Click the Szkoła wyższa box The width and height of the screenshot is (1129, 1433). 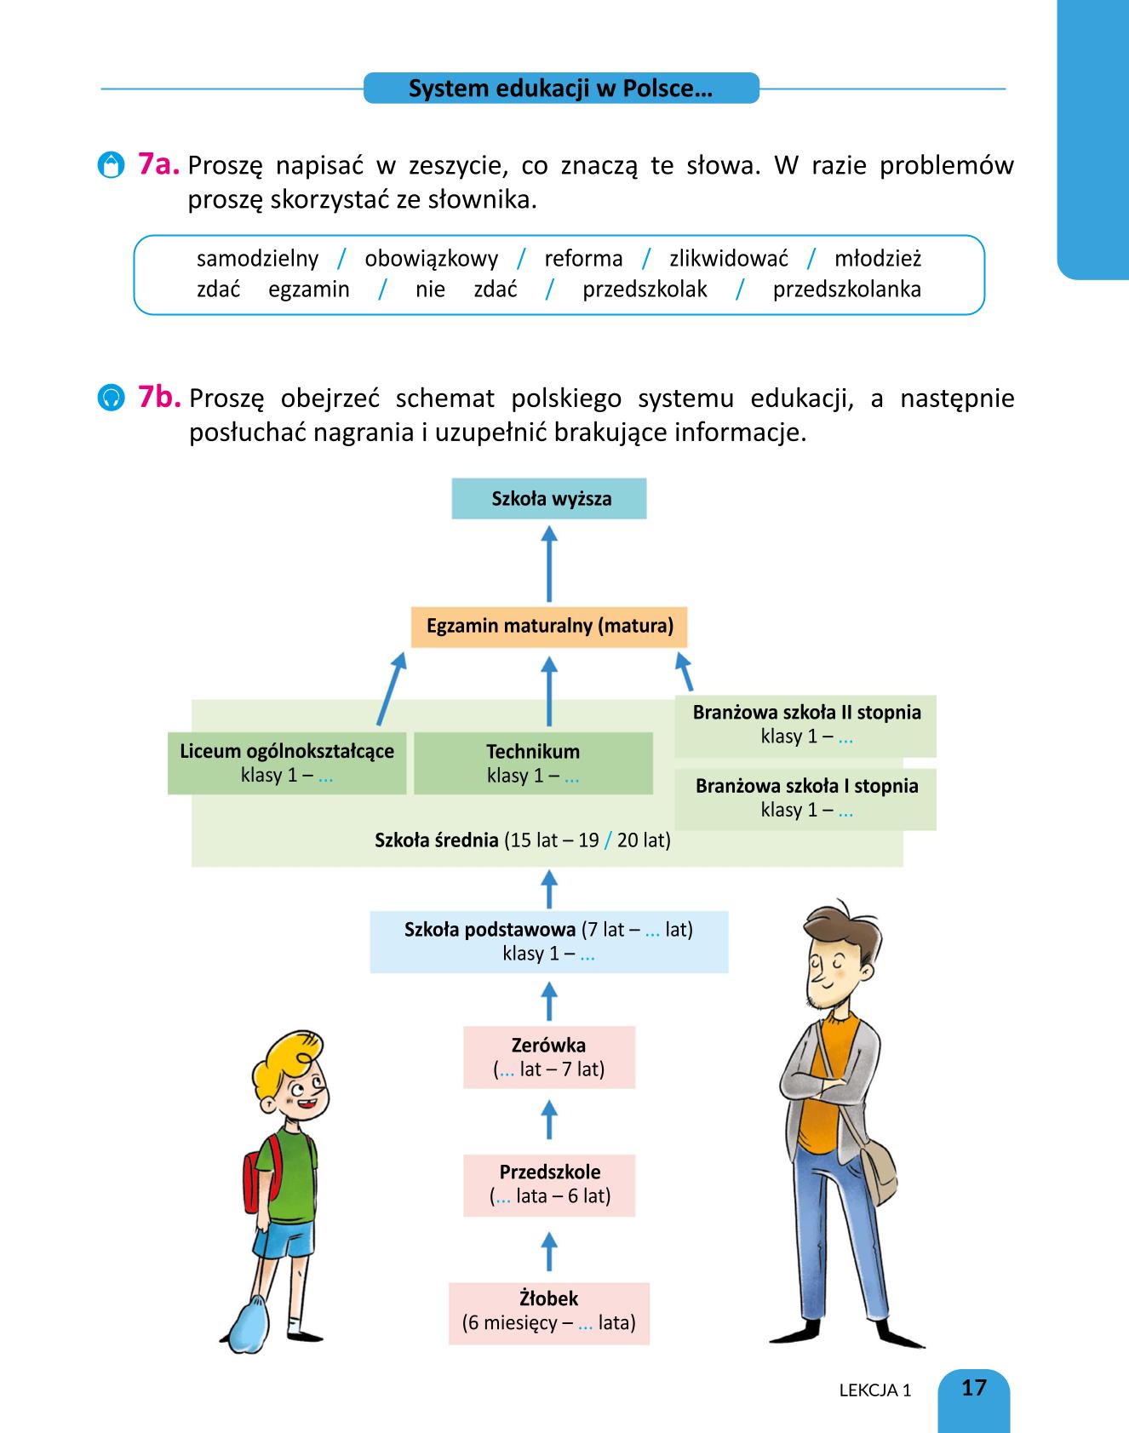(x=549, y=499)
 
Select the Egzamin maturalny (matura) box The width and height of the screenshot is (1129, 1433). (x=549, y=627)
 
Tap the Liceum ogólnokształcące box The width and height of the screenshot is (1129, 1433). (x=287, y=763)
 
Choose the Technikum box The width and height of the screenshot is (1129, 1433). (x=533, y=763)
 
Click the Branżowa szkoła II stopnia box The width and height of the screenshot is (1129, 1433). (x=805, y=725)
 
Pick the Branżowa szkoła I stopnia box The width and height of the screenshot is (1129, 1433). (x=805, y=799)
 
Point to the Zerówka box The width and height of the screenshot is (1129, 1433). (x=549, y=1058)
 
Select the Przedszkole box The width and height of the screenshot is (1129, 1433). (x=549, y=1185)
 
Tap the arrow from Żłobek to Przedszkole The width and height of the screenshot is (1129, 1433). (x=550, y=1251)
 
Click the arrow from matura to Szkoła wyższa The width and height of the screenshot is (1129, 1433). (x=550, y=564)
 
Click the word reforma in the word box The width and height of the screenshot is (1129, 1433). (x=583, y=259)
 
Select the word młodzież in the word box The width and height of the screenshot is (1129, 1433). (x=878, y=259)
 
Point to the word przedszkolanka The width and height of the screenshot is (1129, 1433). (x=847, y=289)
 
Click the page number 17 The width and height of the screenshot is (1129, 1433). (x=973, y=1388)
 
